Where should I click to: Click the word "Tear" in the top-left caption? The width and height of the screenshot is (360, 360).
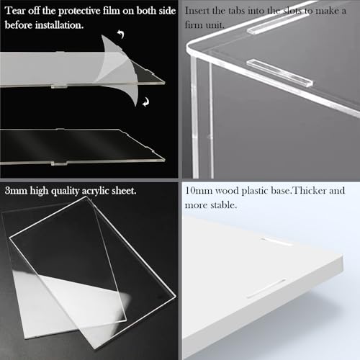[x=15, y=11]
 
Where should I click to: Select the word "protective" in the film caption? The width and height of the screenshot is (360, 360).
[x=79, y=12]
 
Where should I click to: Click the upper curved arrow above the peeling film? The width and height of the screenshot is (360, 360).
[x=121, y=34]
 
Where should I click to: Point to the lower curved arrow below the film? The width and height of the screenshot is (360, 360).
[x=145, y=102]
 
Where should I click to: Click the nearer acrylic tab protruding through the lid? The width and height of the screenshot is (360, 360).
[x=279, y=73]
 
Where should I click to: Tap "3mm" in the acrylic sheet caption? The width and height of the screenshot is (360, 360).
[x=16, y=191]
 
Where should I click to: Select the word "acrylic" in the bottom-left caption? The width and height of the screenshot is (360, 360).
[x=96, y=192]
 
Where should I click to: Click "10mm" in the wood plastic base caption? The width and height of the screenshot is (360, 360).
[x=199, y=191]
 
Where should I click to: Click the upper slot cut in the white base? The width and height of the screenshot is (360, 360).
[x=276, y=242]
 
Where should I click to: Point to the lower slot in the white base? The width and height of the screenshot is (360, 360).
[x=266, y=288]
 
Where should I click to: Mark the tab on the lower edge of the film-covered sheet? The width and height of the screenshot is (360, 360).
[x=59, y=86]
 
